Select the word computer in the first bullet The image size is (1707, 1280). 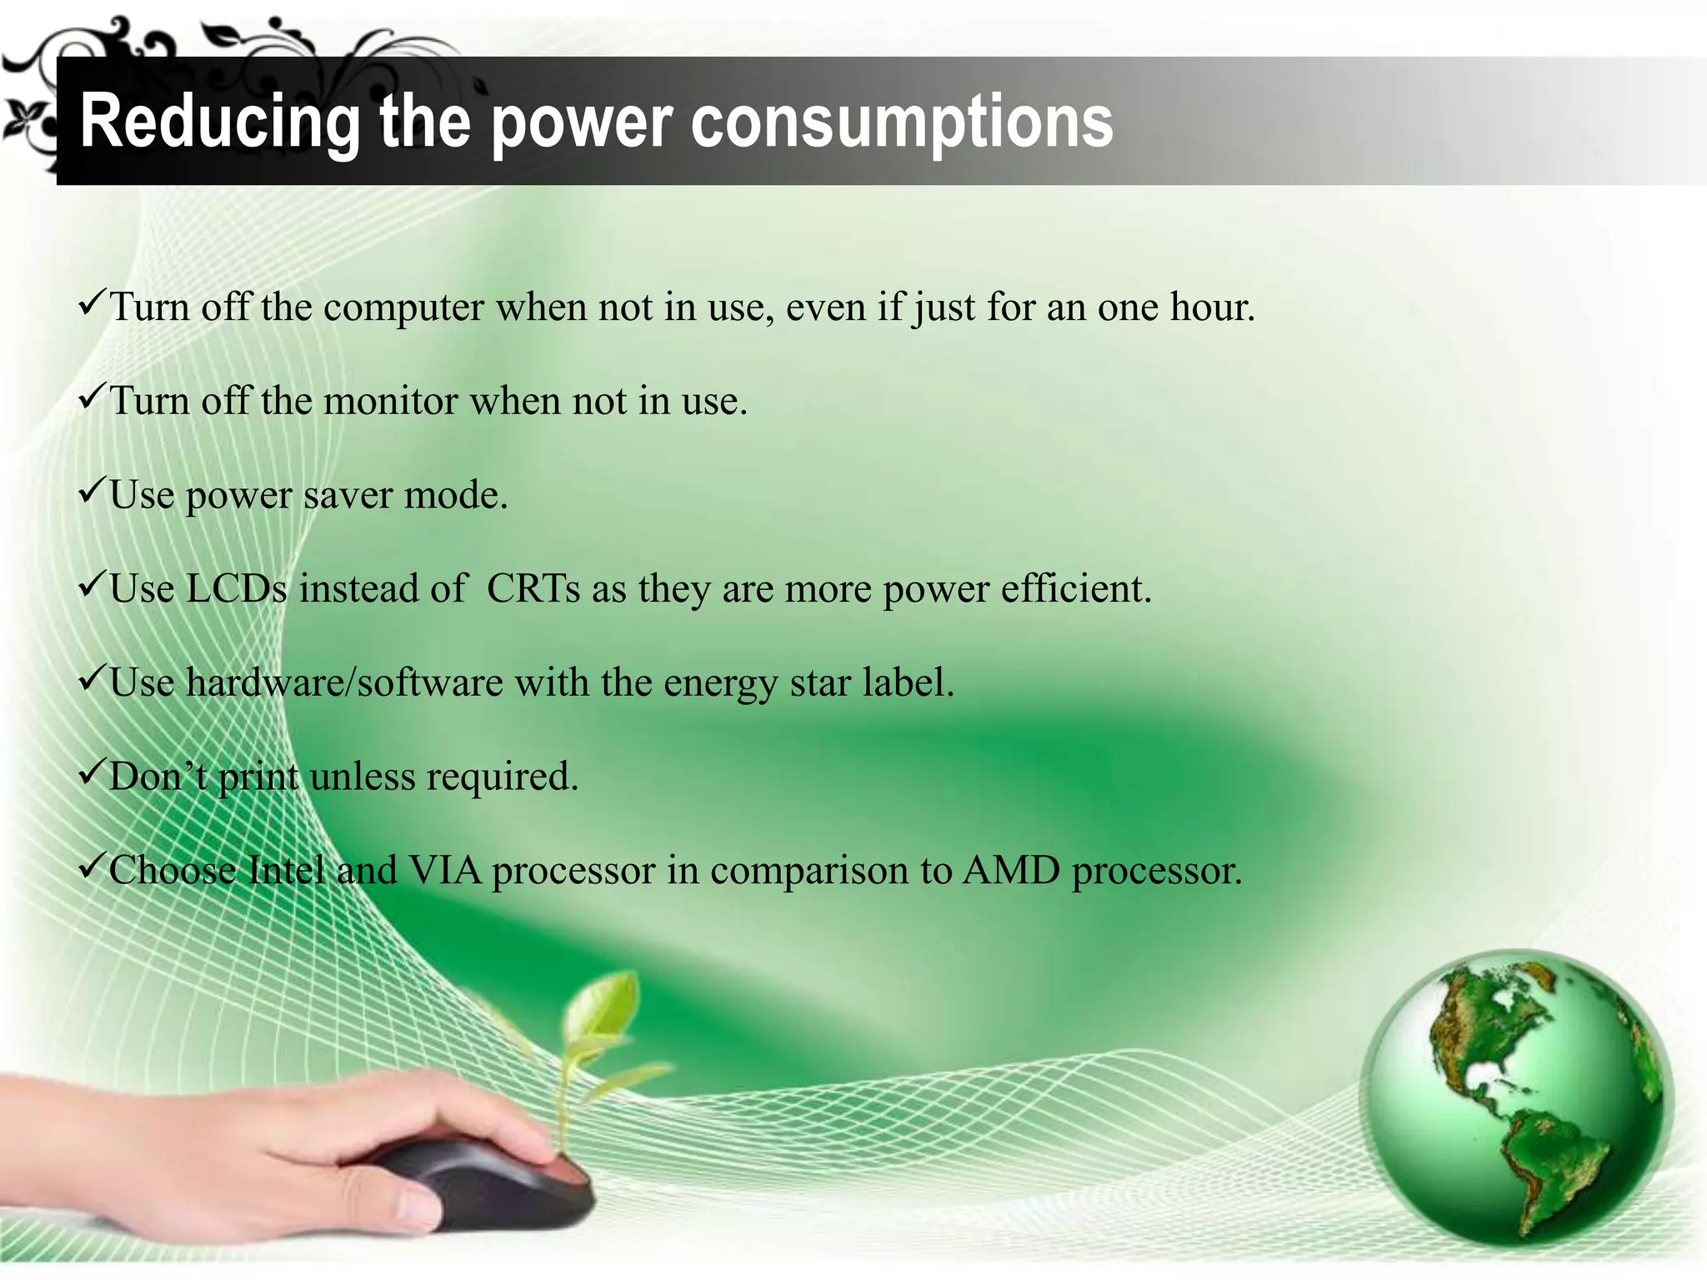[403, 307]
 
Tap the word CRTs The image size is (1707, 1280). [533, 589]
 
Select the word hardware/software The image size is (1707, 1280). [346, 683]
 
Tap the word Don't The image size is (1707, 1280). [158, 777]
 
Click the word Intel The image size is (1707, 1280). [287, 871]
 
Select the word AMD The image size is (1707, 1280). [1011, 871]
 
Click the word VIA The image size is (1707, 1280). [445, 871]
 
